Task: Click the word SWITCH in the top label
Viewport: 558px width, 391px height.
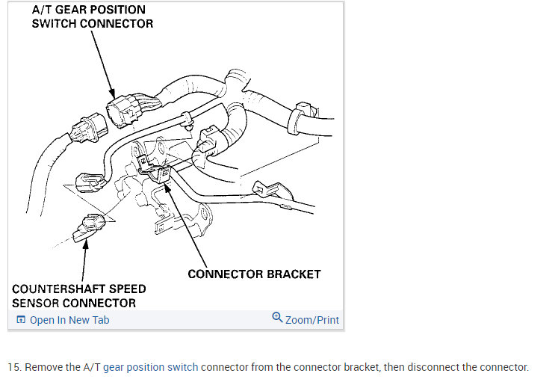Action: coord(55,23)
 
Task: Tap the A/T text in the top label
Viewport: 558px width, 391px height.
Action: coord(44,10)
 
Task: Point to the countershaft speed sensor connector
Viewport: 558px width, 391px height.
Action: coord(89,224)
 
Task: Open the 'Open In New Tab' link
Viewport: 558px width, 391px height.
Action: coord(69,320)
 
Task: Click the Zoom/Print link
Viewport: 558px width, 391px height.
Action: coord(311,320)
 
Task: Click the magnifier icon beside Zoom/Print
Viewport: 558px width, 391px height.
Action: coord(277,318)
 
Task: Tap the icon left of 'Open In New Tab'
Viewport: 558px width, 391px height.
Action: coord(21,320)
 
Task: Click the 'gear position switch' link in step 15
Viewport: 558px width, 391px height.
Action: coord(152,367)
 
